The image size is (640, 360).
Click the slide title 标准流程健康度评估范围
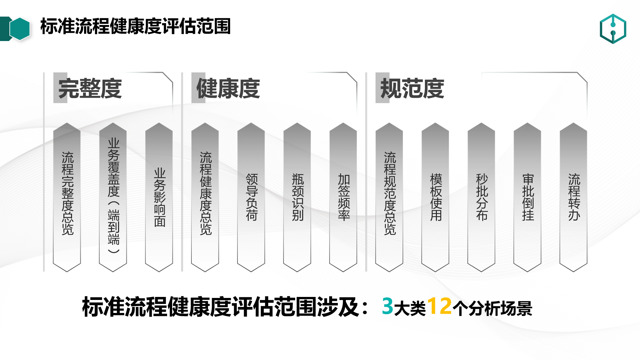click(135, 26)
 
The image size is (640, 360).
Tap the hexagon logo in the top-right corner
click(613, 29)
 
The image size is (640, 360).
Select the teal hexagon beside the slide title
click(20, 29)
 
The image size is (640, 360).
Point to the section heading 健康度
click(228, 88)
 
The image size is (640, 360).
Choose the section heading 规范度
click(412, 88)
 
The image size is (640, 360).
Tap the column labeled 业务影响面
click(159, 197)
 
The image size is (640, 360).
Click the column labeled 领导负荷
click(251, 197)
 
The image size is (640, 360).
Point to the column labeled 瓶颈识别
click(297, 197)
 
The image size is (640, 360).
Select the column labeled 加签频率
click(343, 197)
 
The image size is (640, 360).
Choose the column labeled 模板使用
click(435, 197)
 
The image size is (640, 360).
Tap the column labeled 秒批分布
click(481, 197)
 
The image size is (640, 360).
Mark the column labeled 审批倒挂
click(527, 197)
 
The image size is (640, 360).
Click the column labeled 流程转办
click(573, 197)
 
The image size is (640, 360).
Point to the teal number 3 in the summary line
click(388, 306)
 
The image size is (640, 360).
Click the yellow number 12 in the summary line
click(440, 306)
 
